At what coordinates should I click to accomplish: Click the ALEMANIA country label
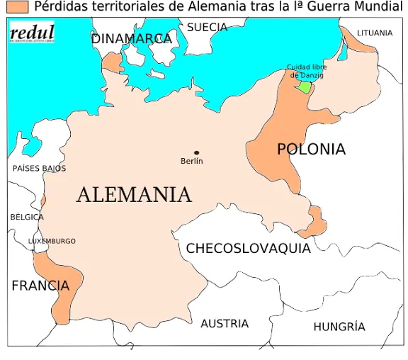pyautogui.click(x=133, y=194)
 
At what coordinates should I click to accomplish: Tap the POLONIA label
pyautogui.click(x=311, y=150)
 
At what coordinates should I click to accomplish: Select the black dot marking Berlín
pyautogui.click(x=196, y=152)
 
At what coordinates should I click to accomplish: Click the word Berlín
pyautogui.click(x=192, y=162)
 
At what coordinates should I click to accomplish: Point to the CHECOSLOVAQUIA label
pyautogui.click(x=248, y=249)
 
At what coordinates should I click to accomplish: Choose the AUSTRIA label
pyautogui.click(x=225, y=324)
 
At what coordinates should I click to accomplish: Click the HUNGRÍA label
pyautogui.click(x=339, y=327)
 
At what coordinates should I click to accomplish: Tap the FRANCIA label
pyautogui.click(x=40, y=286)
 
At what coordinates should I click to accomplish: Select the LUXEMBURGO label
pyautogui.click(x=52, y=242)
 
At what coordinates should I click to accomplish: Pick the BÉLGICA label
pyautogui.click(x=27, y=217)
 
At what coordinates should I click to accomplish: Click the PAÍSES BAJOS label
pyautogui.click(x=39, y=169)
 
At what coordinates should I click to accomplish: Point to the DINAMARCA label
pyautogui.click(x=132, y=38)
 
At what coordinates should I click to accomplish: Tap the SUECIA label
pyautogui.click(x=207, y=28)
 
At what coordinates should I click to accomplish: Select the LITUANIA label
pyautogui.click(x=375, y=33)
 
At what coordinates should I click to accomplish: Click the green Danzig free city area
pyautogui.click(x=305, y=87)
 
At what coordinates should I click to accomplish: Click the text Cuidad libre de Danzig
pyautogui.click(x=306, y=71)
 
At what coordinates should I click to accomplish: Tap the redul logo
pyautogui.click(x=32, y=33)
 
